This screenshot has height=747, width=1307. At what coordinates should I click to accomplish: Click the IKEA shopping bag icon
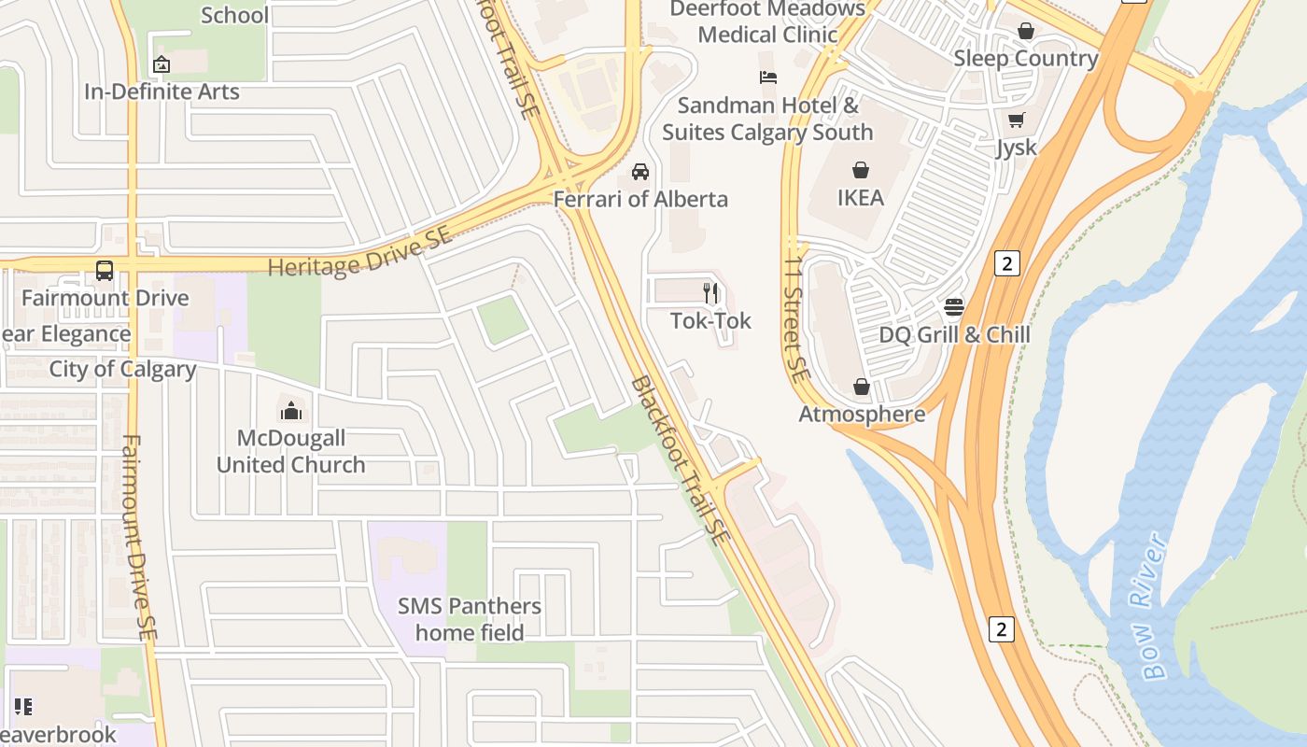pos(860,170)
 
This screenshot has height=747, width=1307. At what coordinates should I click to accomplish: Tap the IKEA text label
pos(860,198)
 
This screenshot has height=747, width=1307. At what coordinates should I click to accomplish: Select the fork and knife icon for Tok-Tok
pos(710,293)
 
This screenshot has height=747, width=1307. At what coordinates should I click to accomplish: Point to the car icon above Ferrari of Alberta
pos(640,172)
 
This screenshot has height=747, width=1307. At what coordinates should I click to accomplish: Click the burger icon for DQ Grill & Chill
pos(954,307)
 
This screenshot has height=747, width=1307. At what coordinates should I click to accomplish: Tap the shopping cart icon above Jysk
pos(1016,120)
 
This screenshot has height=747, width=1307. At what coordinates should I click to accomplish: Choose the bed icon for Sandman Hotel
pos(768,78)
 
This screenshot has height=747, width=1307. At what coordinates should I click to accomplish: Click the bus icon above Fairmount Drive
pos(105,271)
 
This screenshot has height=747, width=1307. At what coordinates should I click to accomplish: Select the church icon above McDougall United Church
pos(290,410)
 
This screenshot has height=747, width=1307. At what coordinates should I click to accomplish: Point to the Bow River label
pos(1155,607)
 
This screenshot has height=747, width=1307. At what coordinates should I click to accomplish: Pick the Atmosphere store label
pos(862,414)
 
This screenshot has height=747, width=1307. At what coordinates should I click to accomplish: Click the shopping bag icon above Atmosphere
pos(862,387)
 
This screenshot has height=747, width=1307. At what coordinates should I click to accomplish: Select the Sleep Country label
pos(1025,58)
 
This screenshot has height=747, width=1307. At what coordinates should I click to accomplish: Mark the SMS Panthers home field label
pos(470,619)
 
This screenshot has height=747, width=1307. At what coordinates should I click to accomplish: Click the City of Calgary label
pos(122,369)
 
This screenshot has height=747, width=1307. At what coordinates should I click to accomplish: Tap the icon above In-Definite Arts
pos(162,64)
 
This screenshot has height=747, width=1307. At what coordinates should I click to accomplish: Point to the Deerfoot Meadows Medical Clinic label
pos(767,21)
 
